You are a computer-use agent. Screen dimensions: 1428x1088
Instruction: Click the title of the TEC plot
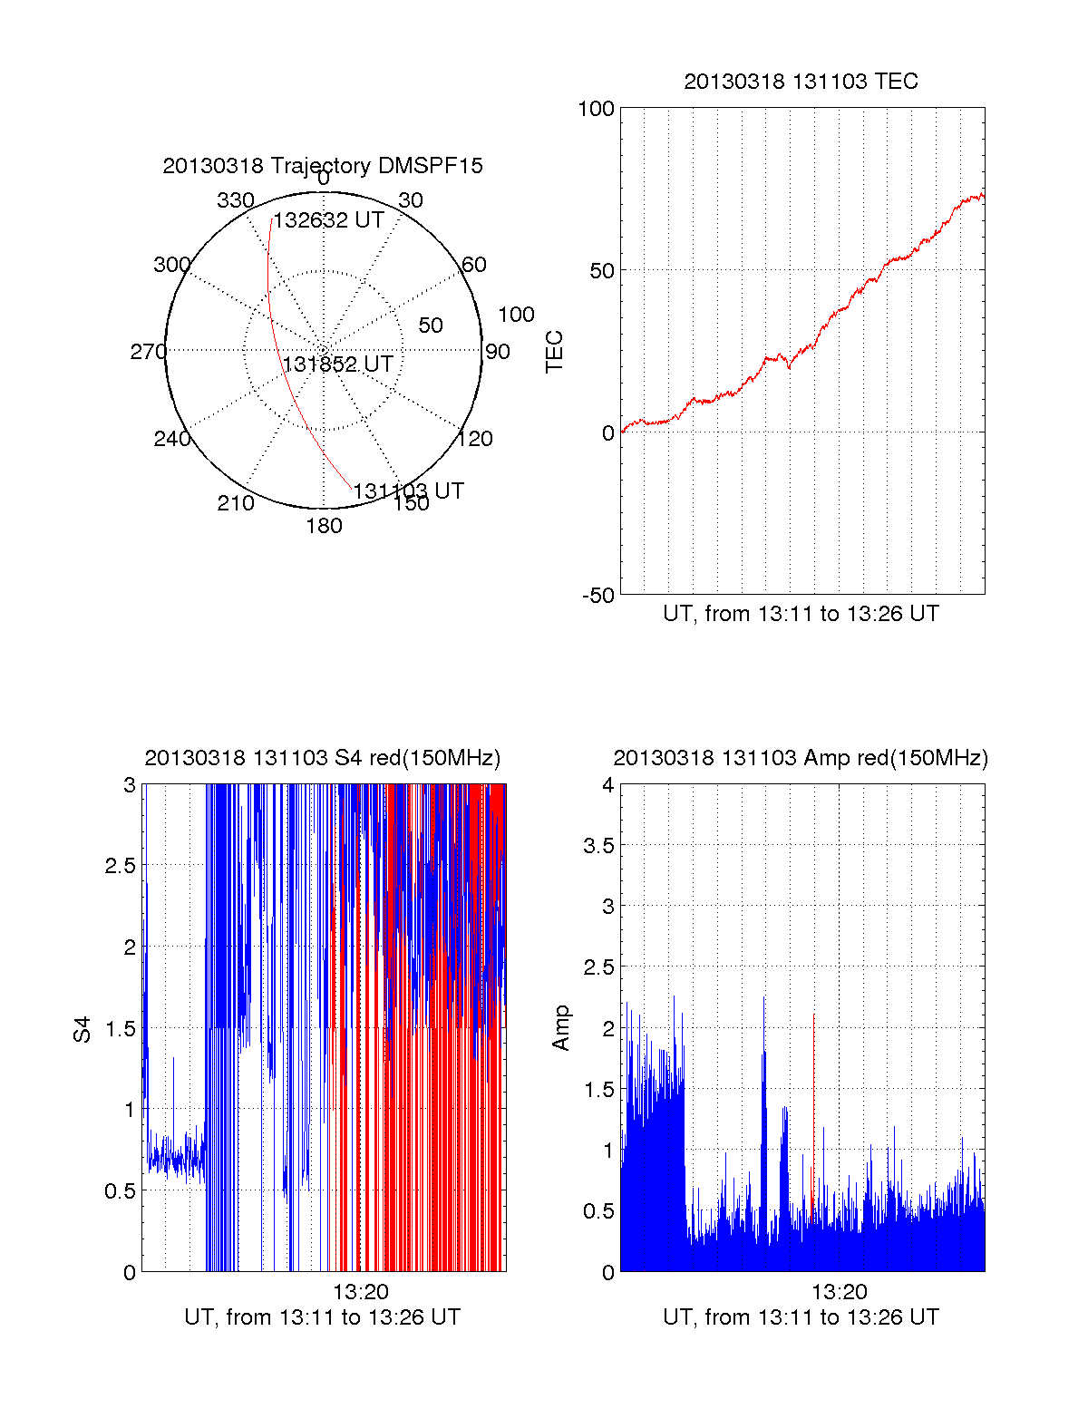click(801, 82)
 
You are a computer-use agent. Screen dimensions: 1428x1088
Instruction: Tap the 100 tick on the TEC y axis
click(596, 110)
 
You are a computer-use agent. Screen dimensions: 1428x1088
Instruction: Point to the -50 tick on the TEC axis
click(597, 596)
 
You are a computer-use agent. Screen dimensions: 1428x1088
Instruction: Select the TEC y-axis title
click(554, 352)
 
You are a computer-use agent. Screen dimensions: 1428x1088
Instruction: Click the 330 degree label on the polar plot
click(235, 200)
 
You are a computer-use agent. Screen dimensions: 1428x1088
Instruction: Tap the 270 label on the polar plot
click(148, 352)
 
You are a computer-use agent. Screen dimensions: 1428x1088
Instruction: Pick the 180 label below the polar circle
click(324, 526)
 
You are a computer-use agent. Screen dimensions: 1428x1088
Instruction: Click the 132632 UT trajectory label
click(328, 220)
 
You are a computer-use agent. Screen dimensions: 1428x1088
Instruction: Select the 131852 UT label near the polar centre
click(338, 364)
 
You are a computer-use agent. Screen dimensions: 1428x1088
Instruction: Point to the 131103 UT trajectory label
click(408, 491)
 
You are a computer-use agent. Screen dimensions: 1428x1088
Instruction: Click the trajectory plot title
click(323, 166)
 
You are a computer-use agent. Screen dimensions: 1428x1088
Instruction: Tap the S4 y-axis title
click(83, 1029)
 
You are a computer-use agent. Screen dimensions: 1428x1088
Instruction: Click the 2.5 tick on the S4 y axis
click(121, 866)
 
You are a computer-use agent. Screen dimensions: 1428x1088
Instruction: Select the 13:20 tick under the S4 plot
click(360, 1292)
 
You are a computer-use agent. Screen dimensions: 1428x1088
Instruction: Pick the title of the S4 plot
click(322, 758)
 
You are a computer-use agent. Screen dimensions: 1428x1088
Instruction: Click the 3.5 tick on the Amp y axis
click(599, 846)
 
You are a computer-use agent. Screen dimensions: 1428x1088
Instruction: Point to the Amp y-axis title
click(561, 1027)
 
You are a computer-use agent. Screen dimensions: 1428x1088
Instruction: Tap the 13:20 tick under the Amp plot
click(839, 1292)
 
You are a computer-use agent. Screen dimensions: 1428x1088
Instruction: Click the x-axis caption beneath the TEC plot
click(801, 614)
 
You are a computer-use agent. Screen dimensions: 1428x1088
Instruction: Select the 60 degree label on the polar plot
click(474, 265)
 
